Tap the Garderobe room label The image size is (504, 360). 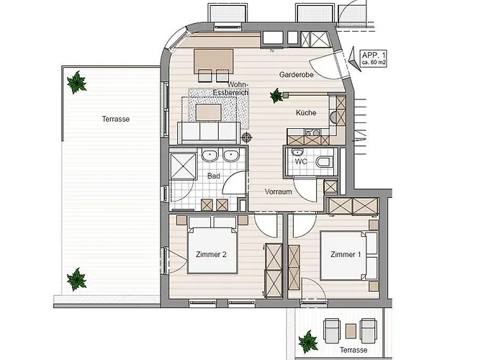297,75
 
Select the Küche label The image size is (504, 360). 306,113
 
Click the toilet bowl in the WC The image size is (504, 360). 324,162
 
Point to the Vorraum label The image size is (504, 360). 279,192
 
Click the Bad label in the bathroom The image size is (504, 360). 214,176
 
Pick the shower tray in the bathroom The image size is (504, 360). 183,166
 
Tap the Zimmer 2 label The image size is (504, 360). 211,255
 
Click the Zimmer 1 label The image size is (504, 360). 346,255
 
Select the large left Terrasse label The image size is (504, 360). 116,120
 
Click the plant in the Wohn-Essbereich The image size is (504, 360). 276,96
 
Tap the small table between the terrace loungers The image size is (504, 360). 351,331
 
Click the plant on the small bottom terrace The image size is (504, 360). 308,342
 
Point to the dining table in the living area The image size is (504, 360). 213,61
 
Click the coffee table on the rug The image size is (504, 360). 209,112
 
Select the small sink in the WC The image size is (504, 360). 297,152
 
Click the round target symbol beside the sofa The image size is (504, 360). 246,138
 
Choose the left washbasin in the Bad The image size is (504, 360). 210,156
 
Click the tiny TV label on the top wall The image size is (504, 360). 272,50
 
